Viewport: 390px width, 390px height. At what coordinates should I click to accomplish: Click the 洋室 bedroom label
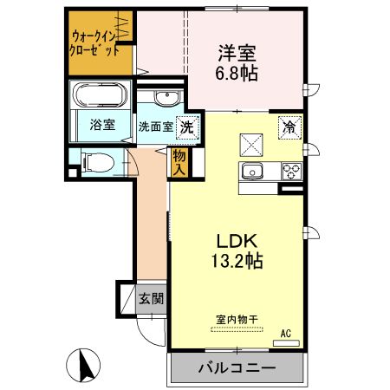[237, 54]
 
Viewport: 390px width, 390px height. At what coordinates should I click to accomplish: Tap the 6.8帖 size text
[237, 73]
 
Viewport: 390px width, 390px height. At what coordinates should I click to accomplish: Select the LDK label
[237, 241]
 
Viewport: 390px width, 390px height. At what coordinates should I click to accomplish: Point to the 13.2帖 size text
[237, 261]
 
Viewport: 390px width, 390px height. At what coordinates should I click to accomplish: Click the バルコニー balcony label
[237, 368]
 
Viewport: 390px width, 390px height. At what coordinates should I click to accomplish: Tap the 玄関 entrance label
[151, 298]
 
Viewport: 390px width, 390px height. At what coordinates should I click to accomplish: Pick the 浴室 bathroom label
[102, 125]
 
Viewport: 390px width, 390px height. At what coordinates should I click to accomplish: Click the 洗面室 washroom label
[156, 127]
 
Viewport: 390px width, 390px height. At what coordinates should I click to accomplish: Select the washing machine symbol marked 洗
[187, 127]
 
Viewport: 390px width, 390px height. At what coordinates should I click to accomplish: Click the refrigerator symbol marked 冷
[289, 127]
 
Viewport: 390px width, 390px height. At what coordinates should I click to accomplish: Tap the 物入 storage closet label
[179, 163]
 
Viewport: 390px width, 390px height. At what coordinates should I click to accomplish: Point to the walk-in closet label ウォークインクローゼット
[94, 43]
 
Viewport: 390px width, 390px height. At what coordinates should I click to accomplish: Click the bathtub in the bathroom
[100, 94]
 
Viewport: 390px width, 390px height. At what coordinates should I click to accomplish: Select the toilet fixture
[98, 163]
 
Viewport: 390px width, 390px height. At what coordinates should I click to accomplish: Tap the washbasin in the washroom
[166, 98]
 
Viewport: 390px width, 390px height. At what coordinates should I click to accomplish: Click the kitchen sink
[252, 171]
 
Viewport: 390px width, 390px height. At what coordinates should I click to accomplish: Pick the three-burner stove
[292, 171]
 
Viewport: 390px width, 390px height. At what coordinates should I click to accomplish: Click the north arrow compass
[83, 366]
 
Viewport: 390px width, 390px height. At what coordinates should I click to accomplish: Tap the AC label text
[286, 334]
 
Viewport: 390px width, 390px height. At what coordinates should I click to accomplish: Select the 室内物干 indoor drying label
[237, 320]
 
